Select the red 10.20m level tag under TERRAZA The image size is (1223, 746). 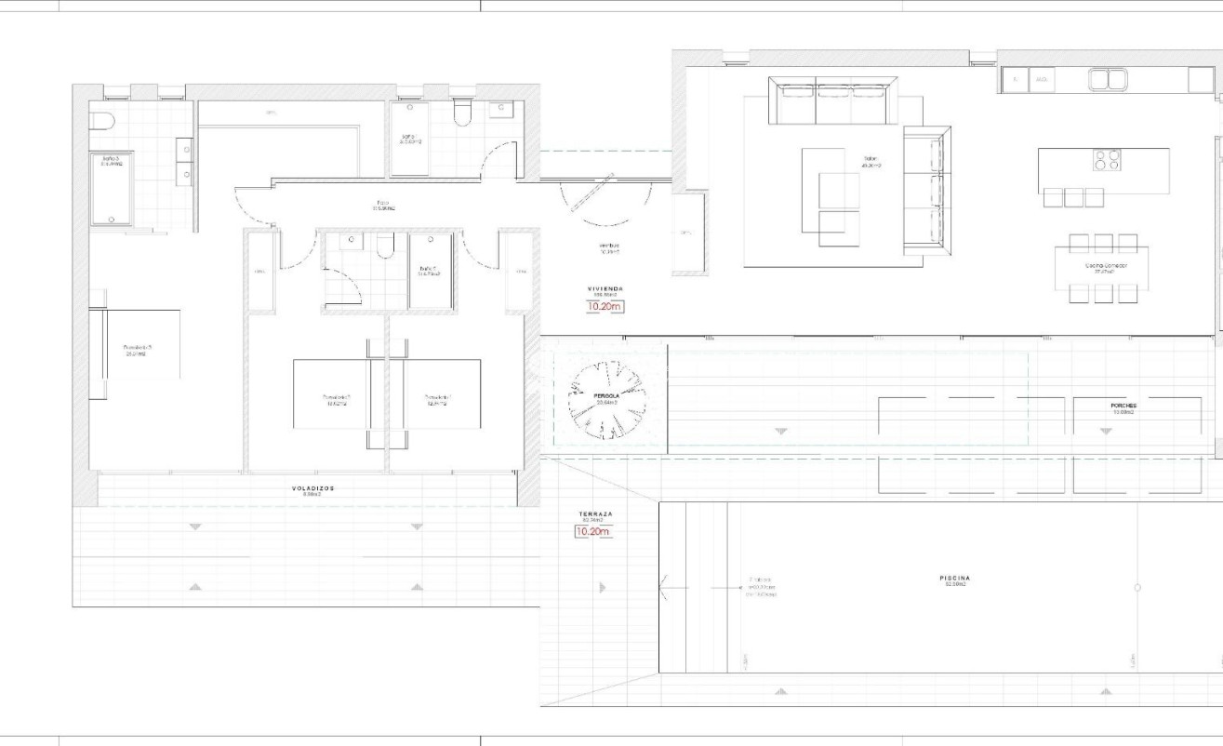pyautogui.click(x=593, y=532)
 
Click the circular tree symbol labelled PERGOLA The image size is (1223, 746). pyautogui.click(x=607, y=399)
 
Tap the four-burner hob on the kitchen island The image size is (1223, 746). pyautogui.click(x=1107, y=160)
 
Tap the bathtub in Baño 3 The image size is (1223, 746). pyautogui.click(x=112, y=189)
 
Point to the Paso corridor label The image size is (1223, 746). pyautogui.click(x=383, y=204)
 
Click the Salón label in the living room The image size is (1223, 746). pyautogui.click(x=871, y=163)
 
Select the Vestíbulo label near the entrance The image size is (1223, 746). pyautogui.click(x=609, y=247)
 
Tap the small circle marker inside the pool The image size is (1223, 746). pyautogui.click(x=1137, y=588)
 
